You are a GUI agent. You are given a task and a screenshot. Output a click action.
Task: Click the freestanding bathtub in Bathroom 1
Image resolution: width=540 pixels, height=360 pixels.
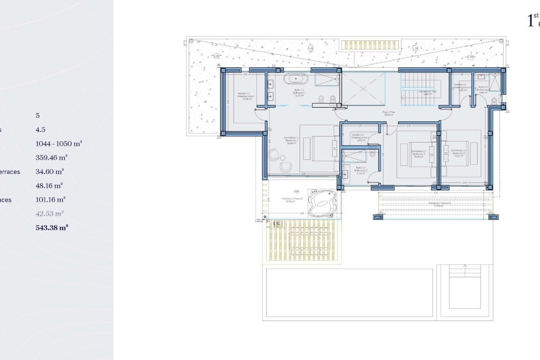click(x=296, y=79)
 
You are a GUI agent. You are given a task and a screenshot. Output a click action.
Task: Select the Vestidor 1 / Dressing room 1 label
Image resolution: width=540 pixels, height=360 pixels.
click(x=246, y=96)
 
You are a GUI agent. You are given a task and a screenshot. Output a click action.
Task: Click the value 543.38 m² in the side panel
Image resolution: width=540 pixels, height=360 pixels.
click(x=52, y=228)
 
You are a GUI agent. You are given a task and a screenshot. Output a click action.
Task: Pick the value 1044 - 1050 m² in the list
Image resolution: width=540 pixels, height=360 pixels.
click(x=59, y=144)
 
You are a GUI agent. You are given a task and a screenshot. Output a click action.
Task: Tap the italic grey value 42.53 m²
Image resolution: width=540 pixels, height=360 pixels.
click(x=49, y=213)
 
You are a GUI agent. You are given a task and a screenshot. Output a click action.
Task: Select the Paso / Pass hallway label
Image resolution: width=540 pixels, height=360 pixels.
click(x=389, y=113)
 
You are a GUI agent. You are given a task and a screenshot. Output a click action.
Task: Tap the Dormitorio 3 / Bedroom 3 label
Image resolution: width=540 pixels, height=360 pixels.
click(x=459, y=153)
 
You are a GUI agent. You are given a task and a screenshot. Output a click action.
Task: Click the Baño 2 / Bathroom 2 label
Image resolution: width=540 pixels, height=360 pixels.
click(x=361, y=170)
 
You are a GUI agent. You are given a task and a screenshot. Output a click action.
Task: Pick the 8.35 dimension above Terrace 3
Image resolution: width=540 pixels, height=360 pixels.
click(x=436, y=193)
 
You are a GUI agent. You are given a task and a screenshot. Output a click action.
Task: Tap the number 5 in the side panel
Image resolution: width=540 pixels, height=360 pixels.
click(x=38, y=116)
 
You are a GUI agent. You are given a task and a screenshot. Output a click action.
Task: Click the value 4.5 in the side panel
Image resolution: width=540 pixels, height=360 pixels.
click(x=40, y=130)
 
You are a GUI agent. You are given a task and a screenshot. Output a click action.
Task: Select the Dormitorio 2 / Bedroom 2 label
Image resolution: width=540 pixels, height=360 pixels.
click(x=418, y=154)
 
